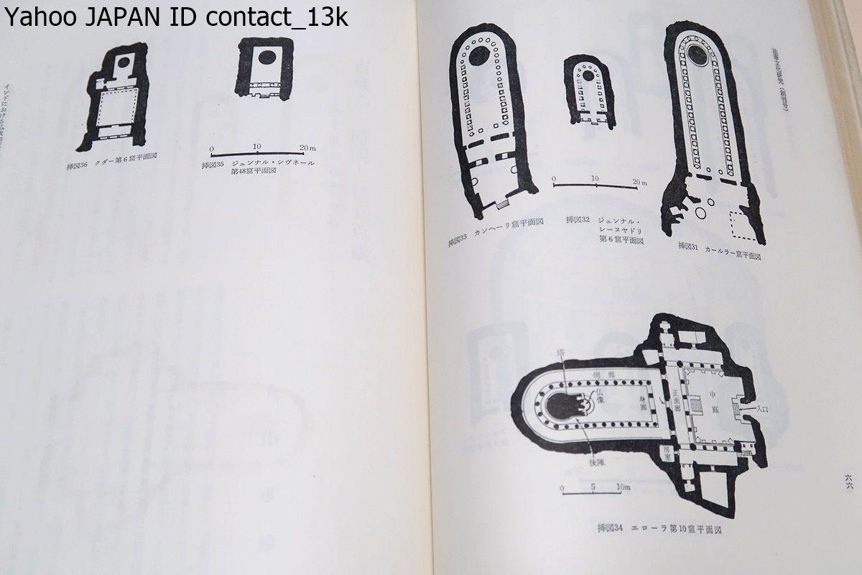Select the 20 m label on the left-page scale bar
(307, 147)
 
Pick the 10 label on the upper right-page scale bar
(594, 178)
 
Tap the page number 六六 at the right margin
(849, 480)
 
